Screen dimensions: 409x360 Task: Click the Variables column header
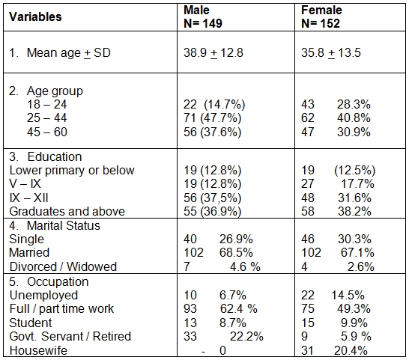[x=35, y=17]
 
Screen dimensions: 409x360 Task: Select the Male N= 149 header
[x=203, y=17]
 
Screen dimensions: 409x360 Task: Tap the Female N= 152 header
[x=321, y=17]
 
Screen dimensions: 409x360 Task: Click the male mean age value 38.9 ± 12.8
[x=213, y=53]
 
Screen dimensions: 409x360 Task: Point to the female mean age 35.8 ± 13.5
[x=331, y=53]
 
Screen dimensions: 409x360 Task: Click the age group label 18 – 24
[x=47, y=105]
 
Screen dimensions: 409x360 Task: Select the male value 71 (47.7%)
[x=212, y=118]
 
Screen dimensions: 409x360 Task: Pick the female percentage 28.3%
[x=354, y=105]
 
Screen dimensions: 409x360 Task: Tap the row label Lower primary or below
[x=72, y=171]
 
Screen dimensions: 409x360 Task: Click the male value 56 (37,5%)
[x=212, y=198]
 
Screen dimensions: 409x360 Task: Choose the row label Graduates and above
[x=67, y=211]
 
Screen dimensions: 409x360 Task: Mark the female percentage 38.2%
[x=354, y=211]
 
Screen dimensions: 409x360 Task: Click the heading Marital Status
[x=64, y=225]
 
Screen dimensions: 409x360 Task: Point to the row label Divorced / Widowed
[x=63, y=266]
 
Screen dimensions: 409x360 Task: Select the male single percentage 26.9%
[x=236, y=239]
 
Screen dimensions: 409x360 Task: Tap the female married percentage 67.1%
[x=357, y=253]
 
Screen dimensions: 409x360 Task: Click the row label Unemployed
[x=43, y=296]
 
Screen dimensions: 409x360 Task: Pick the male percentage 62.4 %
[x=239, y=309]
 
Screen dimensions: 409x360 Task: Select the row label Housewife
[x=38, y=350]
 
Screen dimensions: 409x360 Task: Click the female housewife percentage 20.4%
[x=351, y=350]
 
